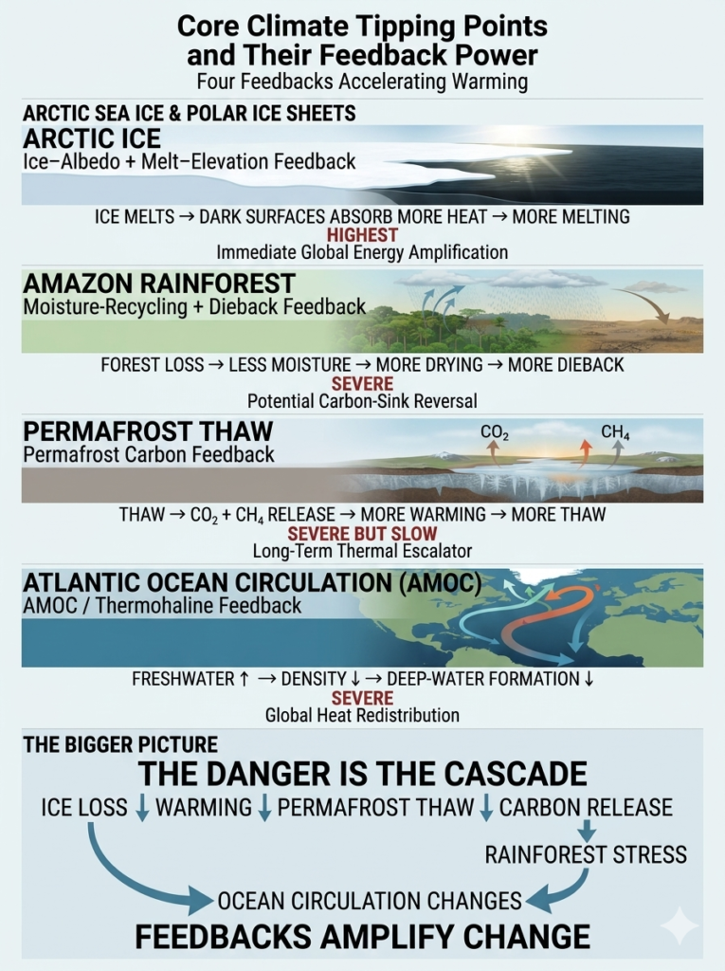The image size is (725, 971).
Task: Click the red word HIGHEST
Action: point(362,235)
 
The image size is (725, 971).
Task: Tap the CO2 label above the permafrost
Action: point(495,432)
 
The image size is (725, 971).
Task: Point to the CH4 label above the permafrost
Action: point(615,431)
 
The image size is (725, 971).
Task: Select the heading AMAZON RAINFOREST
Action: point(158,284)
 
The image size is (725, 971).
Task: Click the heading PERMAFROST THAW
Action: point(148,431)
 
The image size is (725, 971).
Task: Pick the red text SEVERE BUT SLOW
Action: point(362,533)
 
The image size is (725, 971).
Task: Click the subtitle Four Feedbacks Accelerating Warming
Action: point(362,82)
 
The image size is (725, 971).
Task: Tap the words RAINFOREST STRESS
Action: point(586,854)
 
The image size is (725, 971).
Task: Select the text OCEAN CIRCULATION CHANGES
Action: point(370,901)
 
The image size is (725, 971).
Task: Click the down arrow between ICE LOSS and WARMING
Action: point(142,808)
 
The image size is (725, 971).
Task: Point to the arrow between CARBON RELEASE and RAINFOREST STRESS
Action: point(587,830)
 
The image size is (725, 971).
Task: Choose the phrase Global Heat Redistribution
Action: point(362,715)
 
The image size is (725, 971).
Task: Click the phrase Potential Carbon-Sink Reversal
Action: point(362,401)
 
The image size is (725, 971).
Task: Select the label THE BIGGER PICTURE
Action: point(120,744)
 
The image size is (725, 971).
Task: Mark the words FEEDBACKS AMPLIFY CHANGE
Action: point(362,936)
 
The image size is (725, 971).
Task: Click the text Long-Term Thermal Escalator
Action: point(362,551)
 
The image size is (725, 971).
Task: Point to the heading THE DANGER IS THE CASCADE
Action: point(362,774)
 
